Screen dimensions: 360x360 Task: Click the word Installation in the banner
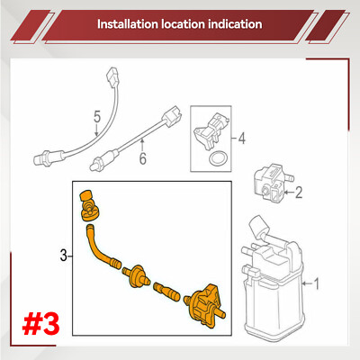point(128,24)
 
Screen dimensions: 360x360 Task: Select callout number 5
point(97,117)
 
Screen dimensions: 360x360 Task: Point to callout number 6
point(143,158)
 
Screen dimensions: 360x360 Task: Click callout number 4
point(242,139)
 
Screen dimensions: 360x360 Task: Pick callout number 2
point(299,193)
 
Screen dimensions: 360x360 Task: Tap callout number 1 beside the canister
point(316,283)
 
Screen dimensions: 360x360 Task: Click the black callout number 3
point(63,256)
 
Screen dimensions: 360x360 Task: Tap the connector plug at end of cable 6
point(171,117)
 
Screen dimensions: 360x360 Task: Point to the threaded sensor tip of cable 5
point(41,158)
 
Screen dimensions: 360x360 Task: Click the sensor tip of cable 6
point(97,164)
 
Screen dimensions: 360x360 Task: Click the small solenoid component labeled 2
point(272,183)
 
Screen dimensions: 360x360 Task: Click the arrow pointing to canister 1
point(307,283)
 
